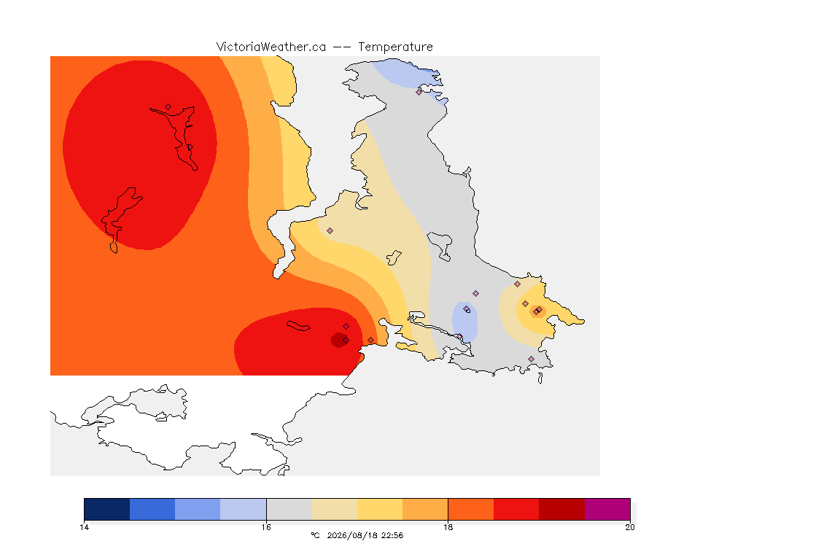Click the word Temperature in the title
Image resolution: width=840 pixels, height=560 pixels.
[x=395, y=47]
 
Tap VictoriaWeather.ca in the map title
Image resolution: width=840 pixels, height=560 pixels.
[x=271, y=47]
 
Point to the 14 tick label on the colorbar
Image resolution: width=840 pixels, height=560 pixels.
[x=84, y=527]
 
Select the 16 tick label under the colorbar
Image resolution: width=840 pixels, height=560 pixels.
[x=266, y=527]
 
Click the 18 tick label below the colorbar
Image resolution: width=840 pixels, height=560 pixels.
[x=448, y=527]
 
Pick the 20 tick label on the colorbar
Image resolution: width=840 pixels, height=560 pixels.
[x=630, y=527]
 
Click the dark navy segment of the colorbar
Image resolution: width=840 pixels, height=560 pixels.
[x=107, y=509]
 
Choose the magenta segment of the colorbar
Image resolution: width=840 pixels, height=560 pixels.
[x=607, y=509]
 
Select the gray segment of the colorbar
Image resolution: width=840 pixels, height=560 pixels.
[x=289, y=509]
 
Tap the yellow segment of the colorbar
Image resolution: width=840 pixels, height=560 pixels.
[x=380, y=509]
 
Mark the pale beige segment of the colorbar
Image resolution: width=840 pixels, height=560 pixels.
[x=334, y=509]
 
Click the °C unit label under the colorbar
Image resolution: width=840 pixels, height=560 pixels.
[x=315, y=535]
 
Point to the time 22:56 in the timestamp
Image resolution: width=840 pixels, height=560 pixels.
[x=392, y=535]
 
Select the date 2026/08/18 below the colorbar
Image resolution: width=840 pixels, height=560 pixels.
[x=351, y=535]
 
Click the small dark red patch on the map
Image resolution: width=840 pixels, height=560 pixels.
[x=339, y=341]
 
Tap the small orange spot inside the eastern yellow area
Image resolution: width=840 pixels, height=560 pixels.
[x=537, y=311]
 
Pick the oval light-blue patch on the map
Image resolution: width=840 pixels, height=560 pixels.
[x=464, y=322]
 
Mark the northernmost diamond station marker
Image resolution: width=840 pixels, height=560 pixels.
[x=419, y=92]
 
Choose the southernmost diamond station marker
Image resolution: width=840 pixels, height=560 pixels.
[x=531, y=359]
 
